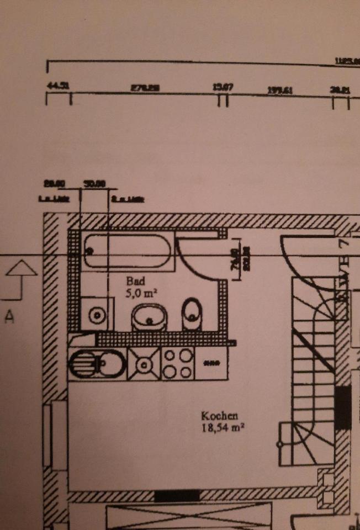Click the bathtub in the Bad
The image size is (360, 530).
(128, 252)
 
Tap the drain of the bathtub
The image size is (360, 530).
(89, 251)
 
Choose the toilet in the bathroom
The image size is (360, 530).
(192, 313)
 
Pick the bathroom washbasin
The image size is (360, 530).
(149, 317)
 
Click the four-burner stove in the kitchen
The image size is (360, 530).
(178, 363)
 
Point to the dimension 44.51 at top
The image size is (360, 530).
(57, 86)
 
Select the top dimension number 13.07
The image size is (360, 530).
(223, 87)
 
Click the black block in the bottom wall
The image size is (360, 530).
(177, 495)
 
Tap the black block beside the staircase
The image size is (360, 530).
(343, 407)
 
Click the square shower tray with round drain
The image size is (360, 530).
(97, 315)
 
